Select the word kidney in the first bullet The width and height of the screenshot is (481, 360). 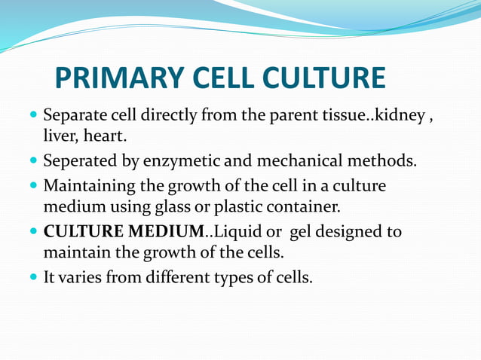(398, 117)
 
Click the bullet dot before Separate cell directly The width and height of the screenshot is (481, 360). (32, 117)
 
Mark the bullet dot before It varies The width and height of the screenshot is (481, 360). (32, 276)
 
